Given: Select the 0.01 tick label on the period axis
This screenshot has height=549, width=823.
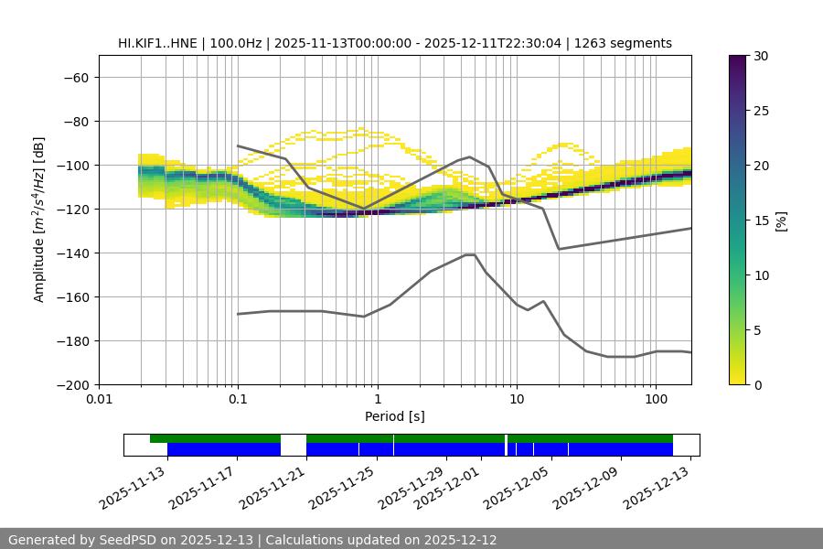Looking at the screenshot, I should click(99, 400).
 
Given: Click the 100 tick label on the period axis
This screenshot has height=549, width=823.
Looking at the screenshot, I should click(656, 400).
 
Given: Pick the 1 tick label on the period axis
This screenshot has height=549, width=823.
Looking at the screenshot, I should click(377, 400).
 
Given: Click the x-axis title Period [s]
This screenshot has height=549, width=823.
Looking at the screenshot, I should click(395, 416).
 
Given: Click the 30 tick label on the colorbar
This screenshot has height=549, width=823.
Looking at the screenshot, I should click(761, 56).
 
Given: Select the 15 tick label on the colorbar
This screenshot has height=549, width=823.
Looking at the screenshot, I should click(761, 221).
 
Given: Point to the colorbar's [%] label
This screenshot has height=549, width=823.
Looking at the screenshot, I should click(780, 221).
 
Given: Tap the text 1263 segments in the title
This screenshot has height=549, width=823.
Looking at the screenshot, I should click(629, 43).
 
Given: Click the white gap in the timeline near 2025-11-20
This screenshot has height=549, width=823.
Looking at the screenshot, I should click(294, 445).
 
